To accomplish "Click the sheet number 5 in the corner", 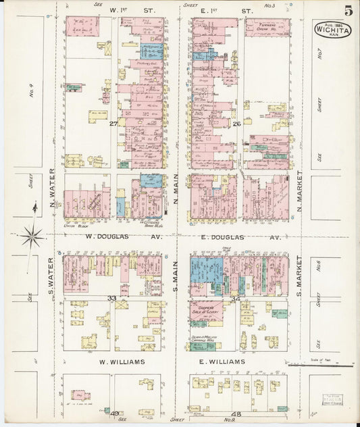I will pos(348,10).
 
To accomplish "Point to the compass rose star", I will pos(32,236).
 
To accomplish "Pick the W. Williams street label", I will pos(122,362).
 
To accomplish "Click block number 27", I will pos(114,124).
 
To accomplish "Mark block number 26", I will pos(237,124).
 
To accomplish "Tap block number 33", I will pos(112,297).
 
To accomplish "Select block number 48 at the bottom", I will pos(236,413).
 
